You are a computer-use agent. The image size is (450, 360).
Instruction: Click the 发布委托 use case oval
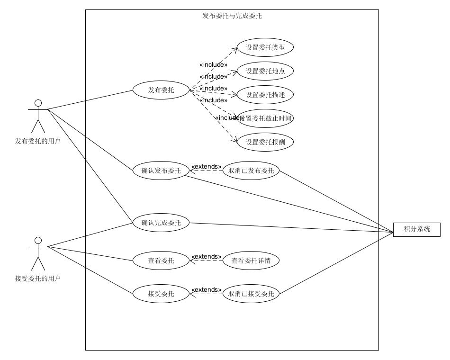click(161, 90)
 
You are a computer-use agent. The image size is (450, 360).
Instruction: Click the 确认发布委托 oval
click(161, 171)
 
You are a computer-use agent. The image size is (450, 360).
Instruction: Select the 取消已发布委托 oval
click(251, 171)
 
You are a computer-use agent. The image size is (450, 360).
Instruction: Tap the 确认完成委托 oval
click(161, 223)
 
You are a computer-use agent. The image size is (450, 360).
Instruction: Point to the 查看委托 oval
click(161, 261)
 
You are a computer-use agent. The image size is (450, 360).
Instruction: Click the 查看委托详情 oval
click(251, 261)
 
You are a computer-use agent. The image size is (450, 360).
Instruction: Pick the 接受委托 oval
click(161, 294)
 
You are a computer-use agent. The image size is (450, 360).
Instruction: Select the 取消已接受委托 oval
click(251, 294)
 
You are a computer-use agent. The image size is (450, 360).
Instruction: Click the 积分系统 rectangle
click(417, 229)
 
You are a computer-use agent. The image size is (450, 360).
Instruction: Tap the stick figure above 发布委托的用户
click(38, 116)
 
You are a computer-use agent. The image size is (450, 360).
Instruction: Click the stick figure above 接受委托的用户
click(38, 253)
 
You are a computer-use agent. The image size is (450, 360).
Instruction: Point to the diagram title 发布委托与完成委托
click(232, 16)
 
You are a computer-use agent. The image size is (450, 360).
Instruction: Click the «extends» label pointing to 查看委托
click(206, 257)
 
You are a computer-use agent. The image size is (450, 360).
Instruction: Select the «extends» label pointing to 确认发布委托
click(206, 167)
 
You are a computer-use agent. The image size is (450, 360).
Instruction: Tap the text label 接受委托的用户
click(38, 279)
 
